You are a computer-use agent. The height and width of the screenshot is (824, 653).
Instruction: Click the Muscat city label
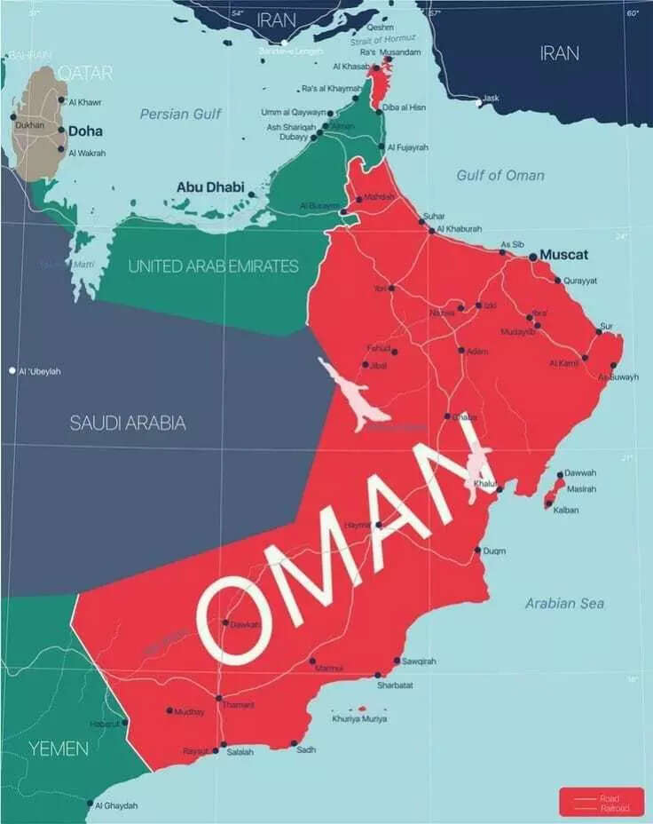pyautogui.click(x=564, y=255)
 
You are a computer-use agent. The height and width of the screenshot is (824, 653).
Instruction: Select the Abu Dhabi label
pyautogui.click(x=210, y=186)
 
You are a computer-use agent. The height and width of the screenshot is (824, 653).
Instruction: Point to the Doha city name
pyautogui.click(x=85, y=131)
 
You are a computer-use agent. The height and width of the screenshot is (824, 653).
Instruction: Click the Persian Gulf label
pyautogui.click(x=181, y=114)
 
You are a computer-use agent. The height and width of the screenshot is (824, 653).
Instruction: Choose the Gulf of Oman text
pyautogui.click(x=500, y=175)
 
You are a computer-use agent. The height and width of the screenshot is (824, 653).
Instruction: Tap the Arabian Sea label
pyautogui.click(x=564, y=604)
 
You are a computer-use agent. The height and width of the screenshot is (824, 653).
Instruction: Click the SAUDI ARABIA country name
pyautogui.click(x=128, y=423)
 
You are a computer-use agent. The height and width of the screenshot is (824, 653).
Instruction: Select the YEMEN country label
pyautogui.click(x=59, y=749)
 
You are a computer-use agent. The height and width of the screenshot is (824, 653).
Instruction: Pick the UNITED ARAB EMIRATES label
pyautogui.click(x=214, y=265)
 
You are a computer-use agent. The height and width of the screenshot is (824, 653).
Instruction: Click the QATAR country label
pyautogui.click(x=86, y=74)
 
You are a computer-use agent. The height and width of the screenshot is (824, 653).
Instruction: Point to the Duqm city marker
pyautogui.click(x=477, y=551)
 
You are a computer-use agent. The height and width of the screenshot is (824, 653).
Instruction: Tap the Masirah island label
pyautogui.click(x=580, y=489)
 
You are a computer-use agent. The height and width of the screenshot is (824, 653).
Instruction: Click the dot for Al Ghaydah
pyautogui.click(x=89, y=804)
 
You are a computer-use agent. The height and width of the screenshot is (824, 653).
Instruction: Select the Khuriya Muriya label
pyautogui.click(x=359, y=718)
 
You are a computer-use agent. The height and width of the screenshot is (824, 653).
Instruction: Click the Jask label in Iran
pyautogui.click(x=491, y=98)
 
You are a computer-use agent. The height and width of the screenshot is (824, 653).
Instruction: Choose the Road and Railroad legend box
pyautogui.click(x=602, y=801)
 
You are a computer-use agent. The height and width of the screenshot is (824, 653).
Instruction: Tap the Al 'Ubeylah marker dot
pyautogui.click(x=12, y=370)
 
